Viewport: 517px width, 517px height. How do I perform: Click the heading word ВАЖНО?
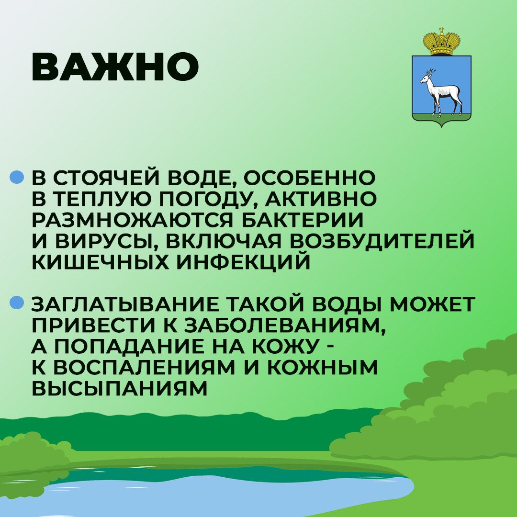tap(115, 67)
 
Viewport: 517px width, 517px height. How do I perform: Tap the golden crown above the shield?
tap(441, 42)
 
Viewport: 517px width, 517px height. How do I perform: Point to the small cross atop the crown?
tap(441, 30)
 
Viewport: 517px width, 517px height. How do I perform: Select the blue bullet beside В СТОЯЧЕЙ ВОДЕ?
tap(17, 177)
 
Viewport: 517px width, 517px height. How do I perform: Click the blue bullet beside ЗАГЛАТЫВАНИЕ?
tap(17, 303)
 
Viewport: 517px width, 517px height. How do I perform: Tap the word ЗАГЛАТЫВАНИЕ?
tap(125, 304)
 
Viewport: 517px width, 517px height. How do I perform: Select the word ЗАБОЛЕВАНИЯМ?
tap(284, 326)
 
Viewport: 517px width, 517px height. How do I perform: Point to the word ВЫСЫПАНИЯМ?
tap(119, 389)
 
